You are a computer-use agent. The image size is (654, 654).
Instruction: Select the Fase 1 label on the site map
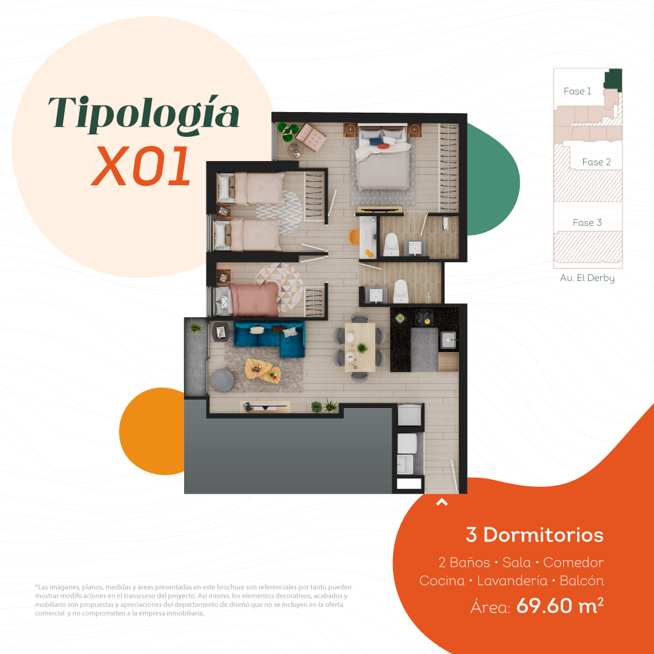point(577,91)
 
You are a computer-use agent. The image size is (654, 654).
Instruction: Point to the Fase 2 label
point(596,162)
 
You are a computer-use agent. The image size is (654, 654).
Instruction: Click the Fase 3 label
point(587,223)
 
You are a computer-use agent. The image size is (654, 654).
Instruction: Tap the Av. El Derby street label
point(587,278)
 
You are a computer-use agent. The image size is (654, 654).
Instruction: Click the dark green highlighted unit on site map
point(613,80)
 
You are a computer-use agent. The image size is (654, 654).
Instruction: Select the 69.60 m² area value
point(560,606)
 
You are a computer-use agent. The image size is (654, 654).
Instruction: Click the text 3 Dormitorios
point(535,535)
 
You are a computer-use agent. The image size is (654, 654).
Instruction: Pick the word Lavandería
point(512,581)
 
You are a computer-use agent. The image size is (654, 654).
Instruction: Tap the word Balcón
point(582,581)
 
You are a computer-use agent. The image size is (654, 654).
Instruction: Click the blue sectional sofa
point(269,339)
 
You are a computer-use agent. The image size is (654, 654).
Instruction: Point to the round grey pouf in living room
point(223,380)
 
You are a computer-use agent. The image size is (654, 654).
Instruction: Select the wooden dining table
point(360,347)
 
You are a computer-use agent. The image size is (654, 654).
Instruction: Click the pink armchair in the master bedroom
point(311,137)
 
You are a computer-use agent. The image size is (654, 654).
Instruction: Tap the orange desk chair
point(354,237)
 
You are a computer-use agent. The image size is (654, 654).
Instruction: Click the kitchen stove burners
point(424,317)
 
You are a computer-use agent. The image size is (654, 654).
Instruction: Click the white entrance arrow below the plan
point(441,502)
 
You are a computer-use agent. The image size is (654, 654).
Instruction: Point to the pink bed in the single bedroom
point(254,299)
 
